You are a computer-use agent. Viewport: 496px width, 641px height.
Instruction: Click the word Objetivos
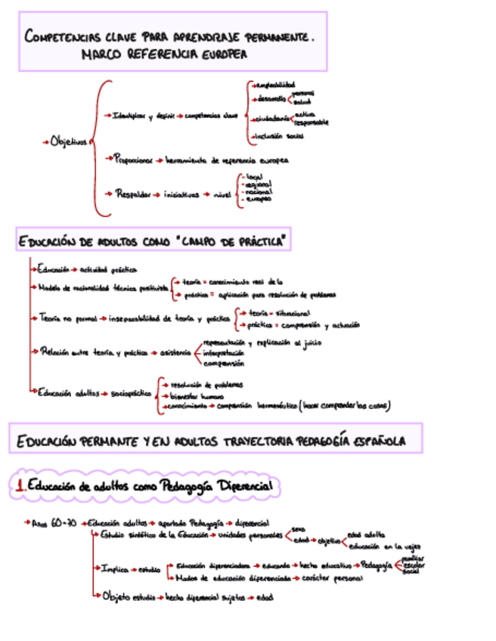(69, 141)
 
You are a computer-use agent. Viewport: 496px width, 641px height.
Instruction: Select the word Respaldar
(134, 194)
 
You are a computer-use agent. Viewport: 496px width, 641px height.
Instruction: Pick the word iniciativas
(181, 194)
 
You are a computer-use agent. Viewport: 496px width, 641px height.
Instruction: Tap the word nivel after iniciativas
(222, 194)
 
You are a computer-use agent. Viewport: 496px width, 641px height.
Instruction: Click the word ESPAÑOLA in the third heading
(375, 441)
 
